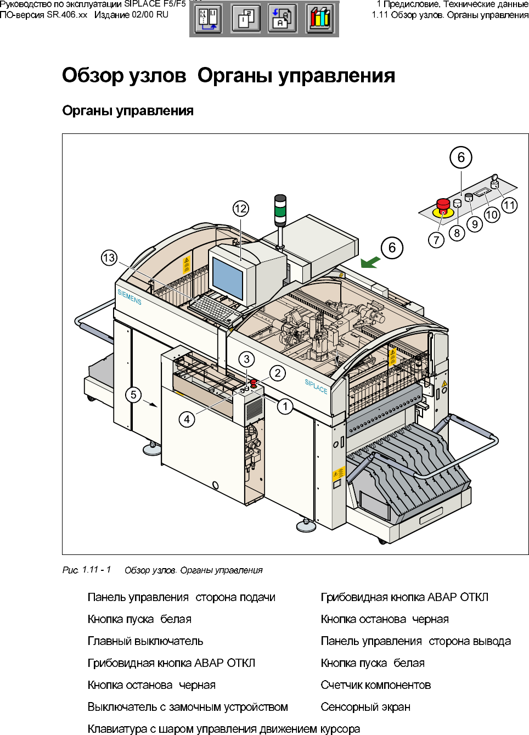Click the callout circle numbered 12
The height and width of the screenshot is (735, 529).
click(x=240, y=209)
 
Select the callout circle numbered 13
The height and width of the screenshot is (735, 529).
click(x=109, y=257)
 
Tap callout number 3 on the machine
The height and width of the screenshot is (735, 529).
click(x=247, y=359)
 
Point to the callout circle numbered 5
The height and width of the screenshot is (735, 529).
click(x=133, y=395)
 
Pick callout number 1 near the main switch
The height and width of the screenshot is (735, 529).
click(x=285, y=407)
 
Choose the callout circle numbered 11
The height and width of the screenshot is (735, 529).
click(x=510, y=205)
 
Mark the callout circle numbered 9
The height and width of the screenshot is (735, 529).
click(x=475, y=224)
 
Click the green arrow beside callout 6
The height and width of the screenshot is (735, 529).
click(x=370, y=262)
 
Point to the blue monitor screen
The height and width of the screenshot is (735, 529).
click(x=227, y=277)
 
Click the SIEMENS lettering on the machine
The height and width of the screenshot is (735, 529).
click(x=130, y=297)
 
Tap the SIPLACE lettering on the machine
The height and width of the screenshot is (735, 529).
click(x=316, y=386)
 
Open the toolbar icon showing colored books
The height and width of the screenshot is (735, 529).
click(x=320, y=19)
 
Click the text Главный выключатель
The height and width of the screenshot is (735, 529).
click(x=145, y=641)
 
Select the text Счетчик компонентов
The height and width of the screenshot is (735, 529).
click(x=376, y=685)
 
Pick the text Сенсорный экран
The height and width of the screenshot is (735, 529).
click(x=365, y=707)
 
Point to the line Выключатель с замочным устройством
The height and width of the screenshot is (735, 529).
click(x=188, y=707)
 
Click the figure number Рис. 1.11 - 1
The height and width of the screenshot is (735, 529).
click(x=87, y=570)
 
